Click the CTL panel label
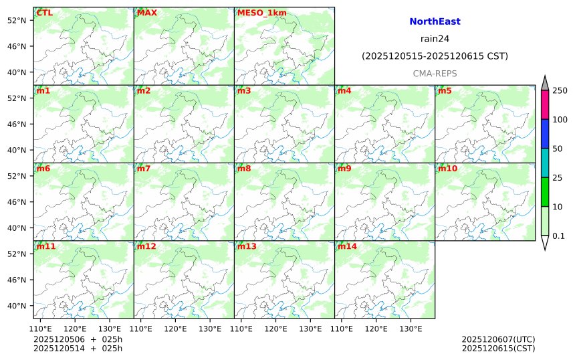tap(45, 13)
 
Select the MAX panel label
tap(146, 13)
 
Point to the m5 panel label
tap(444, 91)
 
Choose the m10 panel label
tap(447, 169)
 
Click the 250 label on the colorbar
tap(560, 90)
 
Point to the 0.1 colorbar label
tap(558, 236)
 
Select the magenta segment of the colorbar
tap(545, 104)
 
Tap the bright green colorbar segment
tap(545, 192)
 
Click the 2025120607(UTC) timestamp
tap(498, 339)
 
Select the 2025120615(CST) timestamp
tap(498, 348)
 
